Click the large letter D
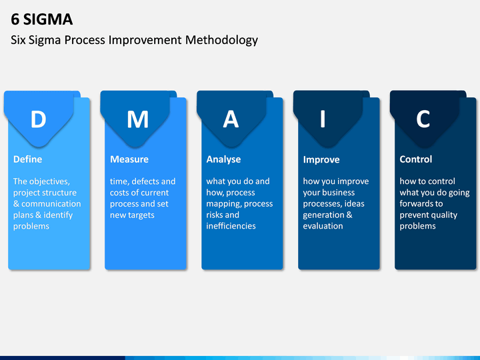pyautogui.click(x=38, y=119)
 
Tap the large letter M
pyautogui.click(x=138, y=119)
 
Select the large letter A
pyautogui.click(x=231, y=119)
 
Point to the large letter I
pyautogui.click(x=323, y=119)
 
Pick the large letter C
pyautogui.click(x=423, y=119)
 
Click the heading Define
pyautogui.click(x=27, y=159)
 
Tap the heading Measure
pyautogui.click(x=129, y=159)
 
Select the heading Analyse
pyautogui.click(x=223, y=159)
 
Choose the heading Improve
pyautogui.click(x=321, y=160)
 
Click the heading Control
pyautogui.click(x=416, y=159)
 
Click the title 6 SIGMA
pyautogui.click(x=41, y=19)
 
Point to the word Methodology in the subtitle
pyautogui.click(x=221, y=40)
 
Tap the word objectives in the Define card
pyautogui.click(x=50, y=181)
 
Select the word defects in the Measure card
pyautogui.click(x=145, y=181)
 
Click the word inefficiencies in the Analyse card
pyautogui.click(x=231, y=226)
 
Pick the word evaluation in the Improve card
pyautogui.click(x=323, y=226)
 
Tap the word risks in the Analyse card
pyautogui.click(x=213, y=215)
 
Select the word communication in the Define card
pyautogui.click(x=51, y=204)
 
